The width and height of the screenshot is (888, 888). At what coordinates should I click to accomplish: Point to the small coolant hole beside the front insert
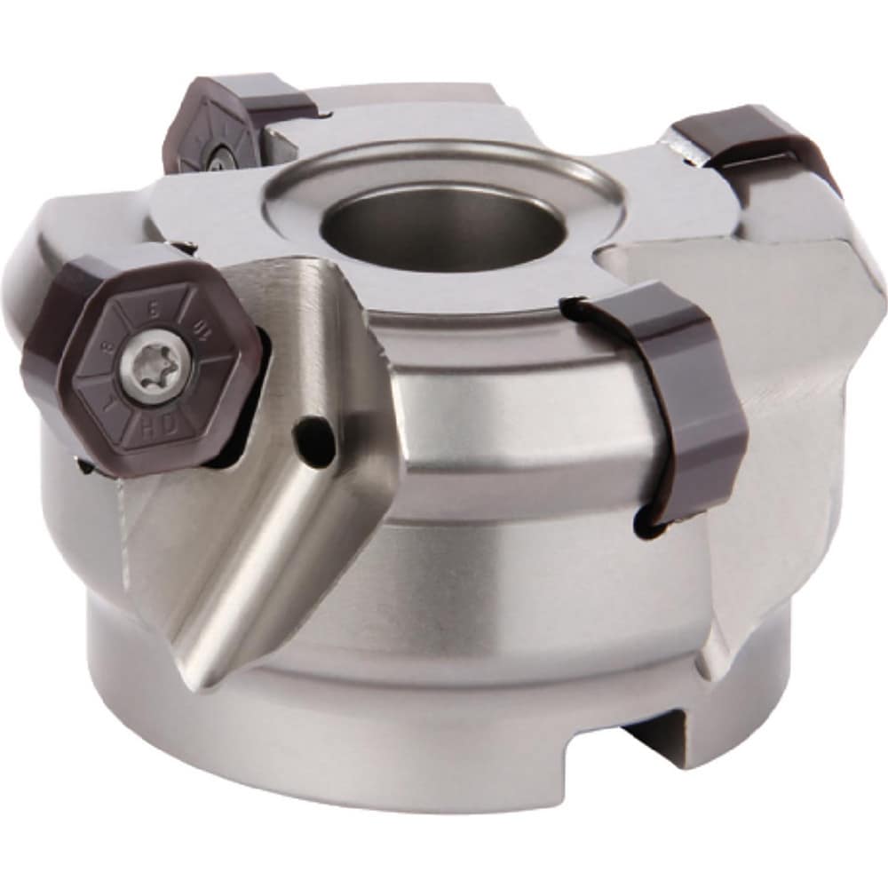(315, 434)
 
